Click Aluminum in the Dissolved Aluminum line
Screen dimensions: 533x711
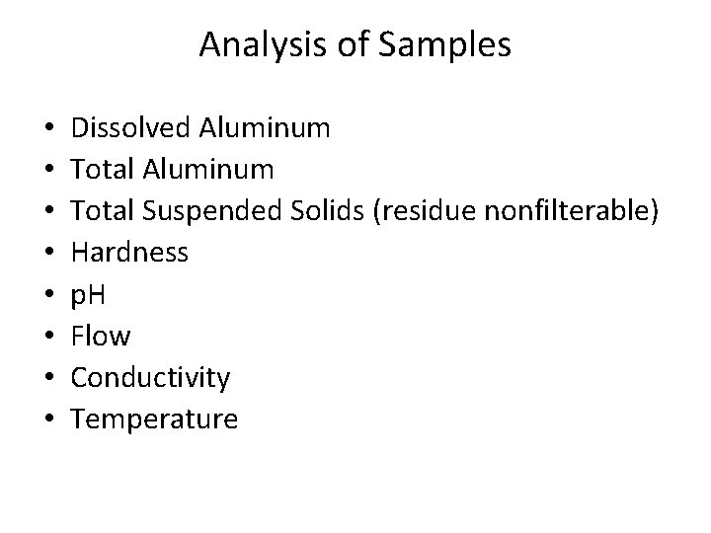pos(265,127)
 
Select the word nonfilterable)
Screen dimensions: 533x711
pos(572,211)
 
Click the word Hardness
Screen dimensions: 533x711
pos(130,253)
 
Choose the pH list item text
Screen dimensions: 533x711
pos(92,294)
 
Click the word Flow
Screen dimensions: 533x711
pos(101,337)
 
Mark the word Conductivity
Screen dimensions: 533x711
pos(151,378)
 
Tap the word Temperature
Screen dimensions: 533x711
pos(155,419)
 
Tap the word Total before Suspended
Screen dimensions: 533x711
pos(103,211)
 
